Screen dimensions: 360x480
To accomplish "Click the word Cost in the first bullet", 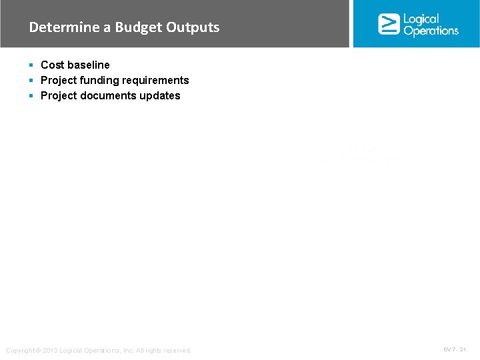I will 52,65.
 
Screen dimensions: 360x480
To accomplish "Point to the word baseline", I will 88,65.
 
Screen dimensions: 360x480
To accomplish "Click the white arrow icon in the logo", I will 389,24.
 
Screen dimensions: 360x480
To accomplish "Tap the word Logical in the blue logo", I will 421,19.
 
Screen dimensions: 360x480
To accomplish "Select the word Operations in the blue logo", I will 431,31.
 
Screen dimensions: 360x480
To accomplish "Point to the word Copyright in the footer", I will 20,351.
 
